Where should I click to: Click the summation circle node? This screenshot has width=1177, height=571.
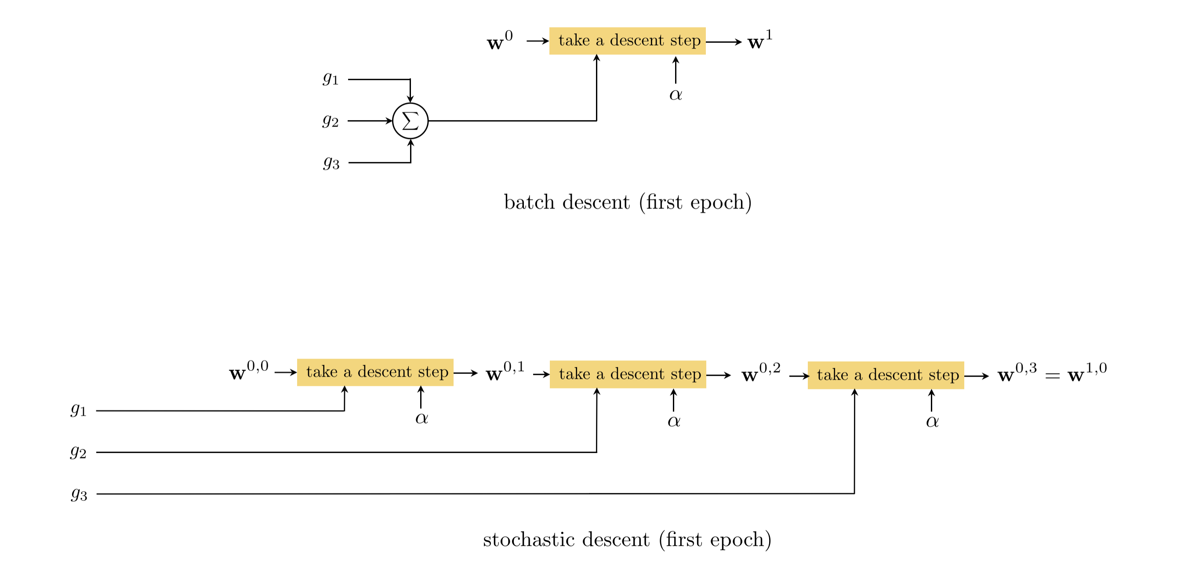(410, 121)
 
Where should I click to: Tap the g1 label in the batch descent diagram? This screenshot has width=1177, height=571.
(331, 79)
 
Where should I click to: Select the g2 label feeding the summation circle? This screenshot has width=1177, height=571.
(331, 121)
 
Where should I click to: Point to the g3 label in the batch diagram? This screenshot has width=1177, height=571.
(331, 162)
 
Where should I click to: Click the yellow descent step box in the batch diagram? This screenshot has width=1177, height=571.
(627, 40)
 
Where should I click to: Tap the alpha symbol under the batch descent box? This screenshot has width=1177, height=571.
(676, 95)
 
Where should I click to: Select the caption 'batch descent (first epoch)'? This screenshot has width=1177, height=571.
(628, 202)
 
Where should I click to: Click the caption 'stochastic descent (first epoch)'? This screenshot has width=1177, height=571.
(627, 539)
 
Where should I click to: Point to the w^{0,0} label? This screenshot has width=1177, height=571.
(249, 371)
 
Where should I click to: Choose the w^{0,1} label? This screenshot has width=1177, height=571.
(505, 372)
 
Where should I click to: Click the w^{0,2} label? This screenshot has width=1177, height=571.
(761, 373)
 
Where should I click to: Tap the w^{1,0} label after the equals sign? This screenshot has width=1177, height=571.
(1087, 373)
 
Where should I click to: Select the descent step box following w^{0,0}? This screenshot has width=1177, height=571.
(375, 372)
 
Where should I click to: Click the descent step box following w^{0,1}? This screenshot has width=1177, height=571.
(628, 374)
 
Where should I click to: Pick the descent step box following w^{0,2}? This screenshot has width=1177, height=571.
(886, 375)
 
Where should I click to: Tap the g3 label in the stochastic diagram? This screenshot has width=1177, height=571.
(79, 494)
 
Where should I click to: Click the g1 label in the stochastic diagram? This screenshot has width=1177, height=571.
(79, 410)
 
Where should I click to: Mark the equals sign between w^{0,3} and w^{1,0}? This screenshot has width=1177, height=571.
(1052, 376)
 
